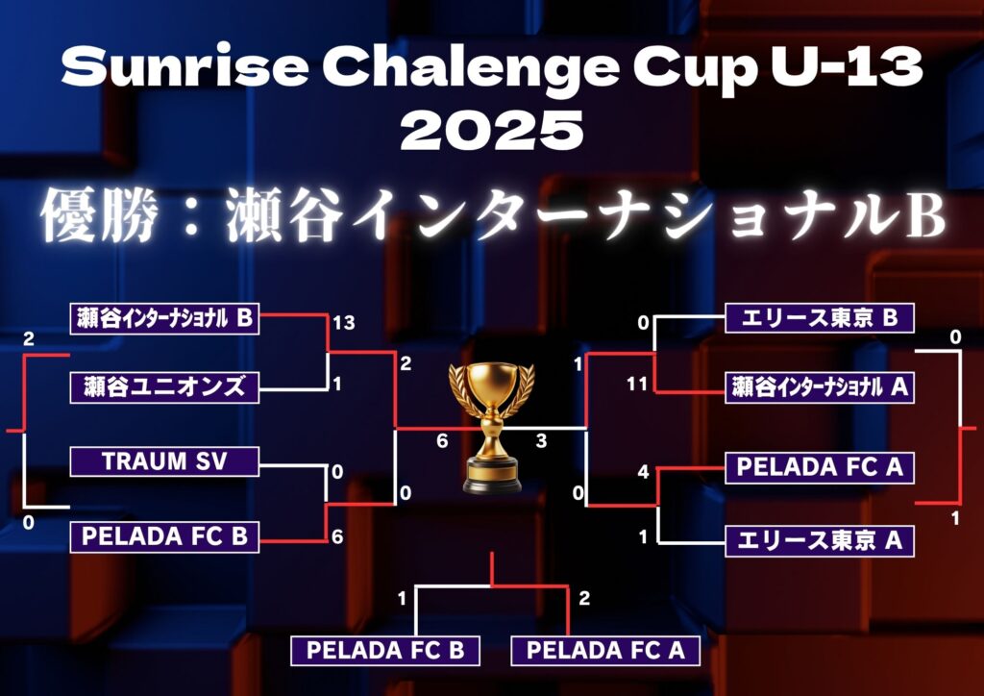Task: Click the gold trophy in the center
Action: (491, 428)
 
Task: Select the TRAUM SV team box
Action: (164, 461)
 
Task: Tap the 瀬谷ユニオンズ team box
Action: (164, 387)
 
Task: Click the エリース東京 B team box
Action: (819, 318)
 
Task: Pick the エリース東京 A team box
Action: (819, 541)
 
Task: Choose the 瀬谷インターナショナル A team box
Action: (819, 387)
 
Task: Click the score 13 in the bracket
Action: (344, 323)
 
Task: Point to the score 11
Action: (636, 384)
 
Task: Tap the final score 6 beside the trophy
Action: (442, 441)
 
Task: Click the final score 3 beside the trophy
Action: (541, 441)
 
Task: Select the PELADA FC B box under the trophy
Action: (384, 651)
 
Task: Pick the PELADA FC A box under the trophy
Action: (605, 651)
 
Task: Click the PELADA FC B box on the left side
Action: (164, 537)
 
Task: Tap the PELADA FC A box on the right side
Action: (819, 467)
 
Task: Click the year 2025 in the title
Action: (492, 130)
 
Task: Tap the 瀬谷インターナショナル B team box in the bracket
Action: (164, 319)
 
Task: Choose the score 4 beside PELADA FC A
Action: (643, 472)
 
